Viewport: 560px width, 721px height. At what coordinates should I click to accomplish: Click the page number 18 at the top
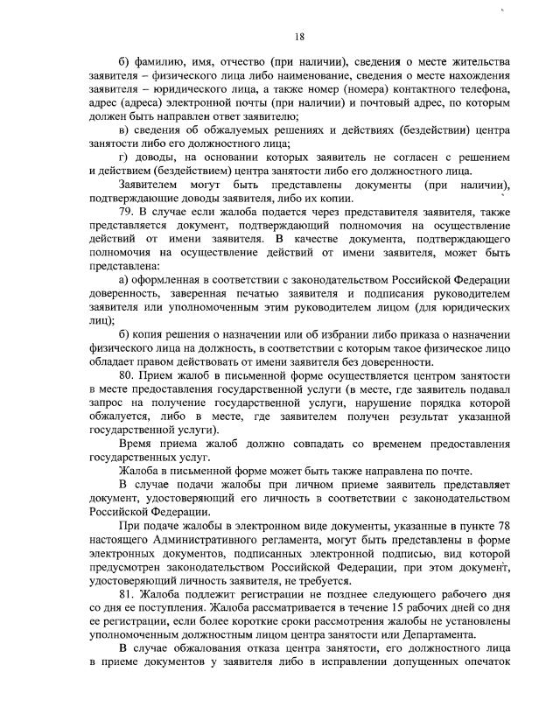pos(299,37)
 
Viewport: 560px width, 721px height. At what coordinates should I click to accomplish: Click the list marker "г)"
pos(122,157)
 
